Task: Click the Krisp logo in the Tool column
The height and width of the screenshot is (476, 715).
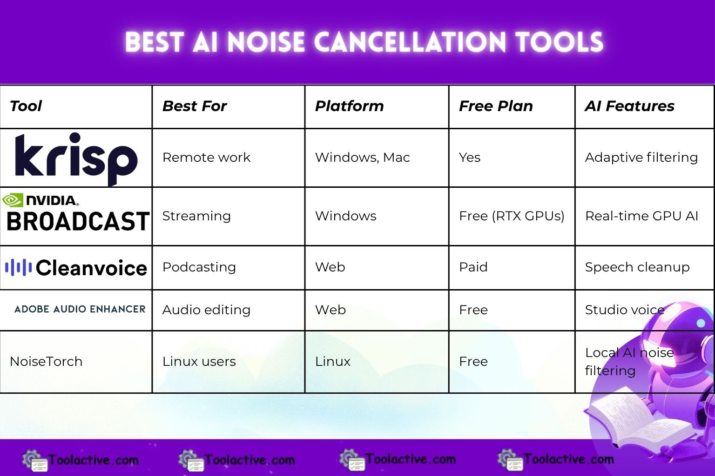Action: (76, 158)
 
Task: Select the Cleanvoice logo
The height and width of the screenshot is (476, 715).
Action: (76, 268)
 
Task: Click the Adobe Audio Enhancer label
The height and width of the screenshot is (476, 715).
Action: (80, 309)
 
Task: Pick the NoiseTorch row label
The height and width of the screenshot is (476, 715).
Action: (46, 361)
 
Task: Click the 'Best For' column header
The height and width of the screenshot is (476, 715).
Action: (195, 106)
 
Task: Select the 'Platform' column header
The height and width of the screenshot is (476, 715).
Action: (349, 106)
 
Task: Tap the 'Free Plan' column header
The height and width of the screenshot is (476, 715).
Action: (496, 106)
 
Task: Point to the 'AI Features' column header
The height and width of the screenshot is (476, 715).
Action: (629, 106)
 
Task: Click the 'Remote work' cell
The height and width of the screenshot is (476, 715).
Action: (206, 158)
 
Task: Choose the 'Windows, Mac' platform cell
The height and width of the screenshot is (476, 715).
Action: (362, 158)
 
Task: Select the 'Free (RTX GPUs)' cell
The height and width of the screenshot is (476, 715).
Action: (512, 216)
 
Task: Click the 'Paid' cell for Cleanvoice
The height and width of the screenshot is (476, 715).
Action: (473, 267)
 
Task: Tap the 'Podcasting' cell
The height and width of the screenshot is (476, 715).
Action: (199, 267)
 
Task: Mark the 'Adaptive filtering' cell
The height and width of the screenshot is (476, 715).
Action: (641, 158)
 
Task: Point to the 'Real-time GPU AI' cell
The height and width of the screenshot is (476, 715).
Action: (641, 216)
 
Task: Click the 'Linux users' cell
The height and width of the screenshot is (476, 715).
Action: (199, 361)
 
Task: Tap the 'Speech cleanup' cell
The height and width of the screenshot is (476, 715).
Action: (637, 267)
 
